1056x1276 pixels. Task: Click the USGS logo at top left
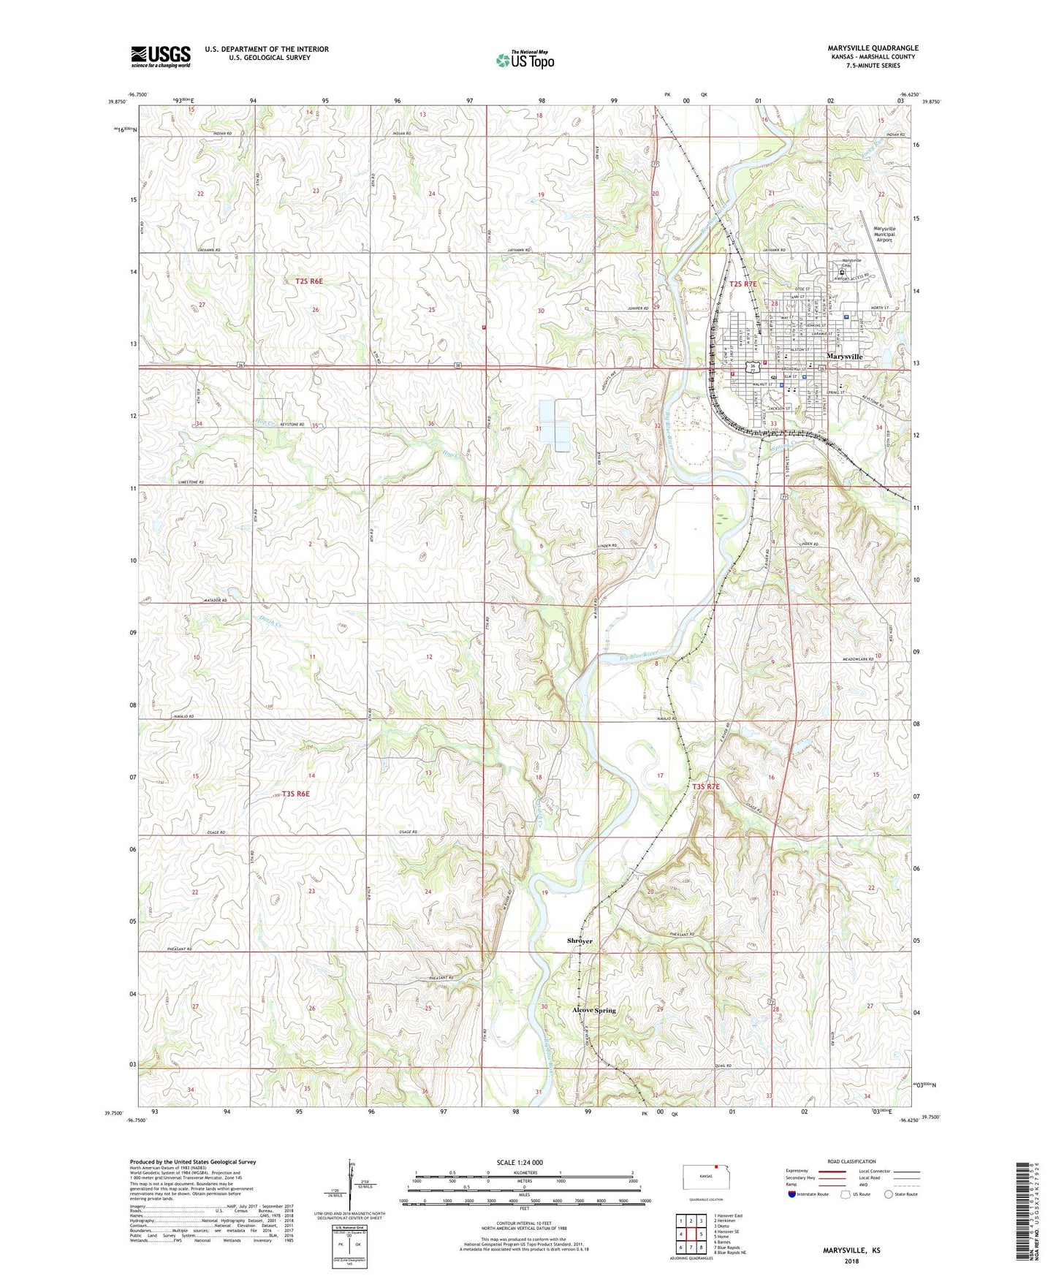[x=160, y=56]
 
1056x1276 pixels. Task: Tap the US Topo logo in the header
[x=525, y=60]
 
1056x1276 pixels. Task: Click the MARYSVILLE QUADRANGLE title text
[x=862, y=48]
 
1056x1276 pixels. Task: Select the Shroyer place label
[x=580, y=941]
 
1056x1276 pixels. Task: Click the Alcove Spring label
[x=593, y=1010]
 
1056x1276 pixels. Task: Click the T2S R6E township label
[x=304, y=281]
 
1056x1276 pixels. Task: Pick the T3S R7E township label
[x=706, y=786]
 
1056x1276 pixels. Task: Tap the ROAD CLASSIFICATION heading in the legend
[x=852, y=1161]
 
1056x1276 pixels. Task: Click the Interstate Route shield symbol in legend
[x=794, y=1194]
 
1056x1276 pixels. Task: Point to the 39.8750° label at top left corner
[x=111, y=102]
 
